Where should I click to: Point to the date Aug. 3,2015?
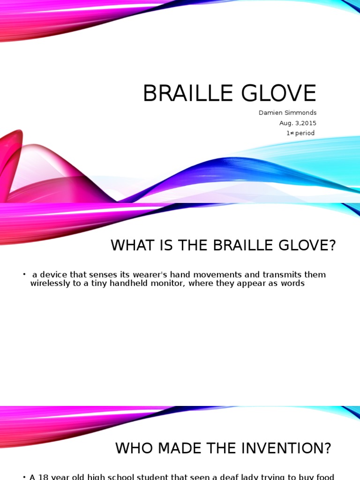[x=298, y=123]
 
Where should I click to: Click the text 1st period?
[x=300, y=133]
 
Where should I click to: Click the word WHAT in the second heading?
[x=131, y=245]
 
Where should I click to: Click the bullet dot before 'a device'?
[x=24, y=274]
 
